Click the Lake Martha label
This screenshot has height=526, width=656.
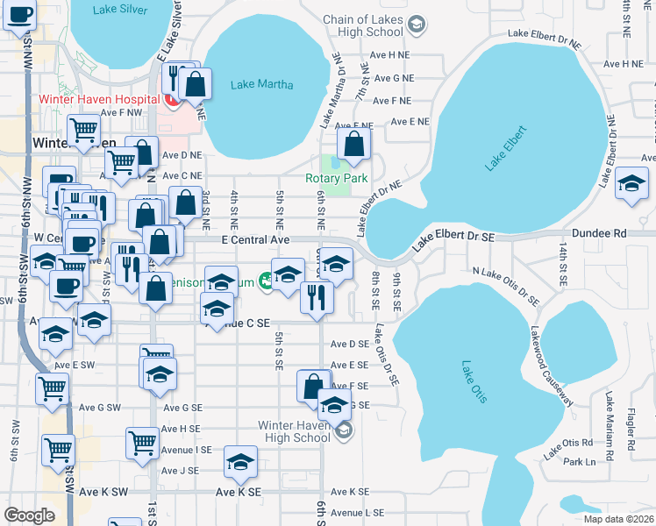point(261,85)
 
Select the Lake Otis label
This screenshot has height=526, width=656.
point(474,381)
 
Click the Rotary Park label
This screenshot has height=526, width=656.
point(336,178)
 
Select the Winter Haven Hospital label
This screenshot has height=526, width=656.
point(96,98)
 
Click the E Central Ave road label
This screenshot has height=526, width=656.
point(249,239)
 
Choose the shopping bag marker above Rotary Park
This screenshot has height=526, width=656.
point(353,145)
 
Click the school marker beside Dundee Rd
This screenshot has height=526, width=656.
point(631,184)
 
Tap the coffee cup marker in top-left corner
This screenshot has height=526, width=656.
point(19,15)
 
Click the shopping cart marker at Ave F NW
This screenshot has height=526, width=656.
point(83,130)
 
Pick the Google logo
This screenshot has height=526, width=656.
point(29,515)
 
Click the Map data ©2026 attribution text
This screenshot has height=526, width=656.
point(619,519)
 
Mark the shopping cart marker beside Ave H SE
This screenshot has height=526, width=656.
point(142,443)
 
